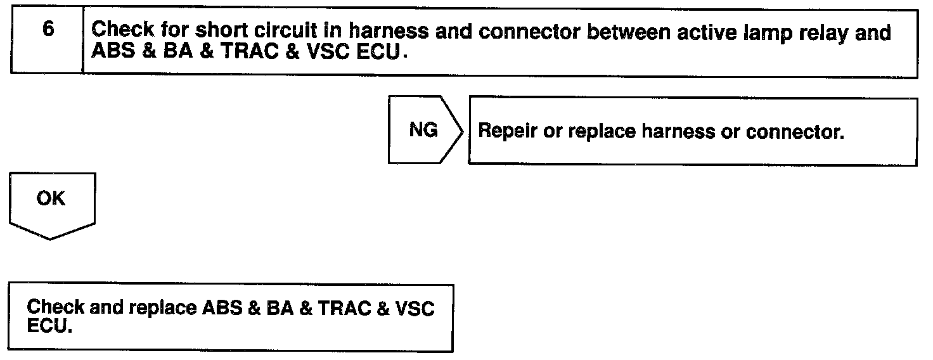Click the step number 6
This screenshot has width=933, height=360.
(48, 31)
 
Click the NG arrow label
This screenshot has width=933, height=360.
(423, 130)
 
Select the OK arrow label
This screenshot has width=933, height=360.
(51, 198)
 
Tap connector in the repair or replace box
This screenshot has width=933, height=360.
(795, 131)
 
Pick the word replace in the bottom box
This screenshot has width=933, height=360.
(162, 309)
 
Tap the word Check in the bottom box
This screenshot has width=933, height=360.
(56, 308)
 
